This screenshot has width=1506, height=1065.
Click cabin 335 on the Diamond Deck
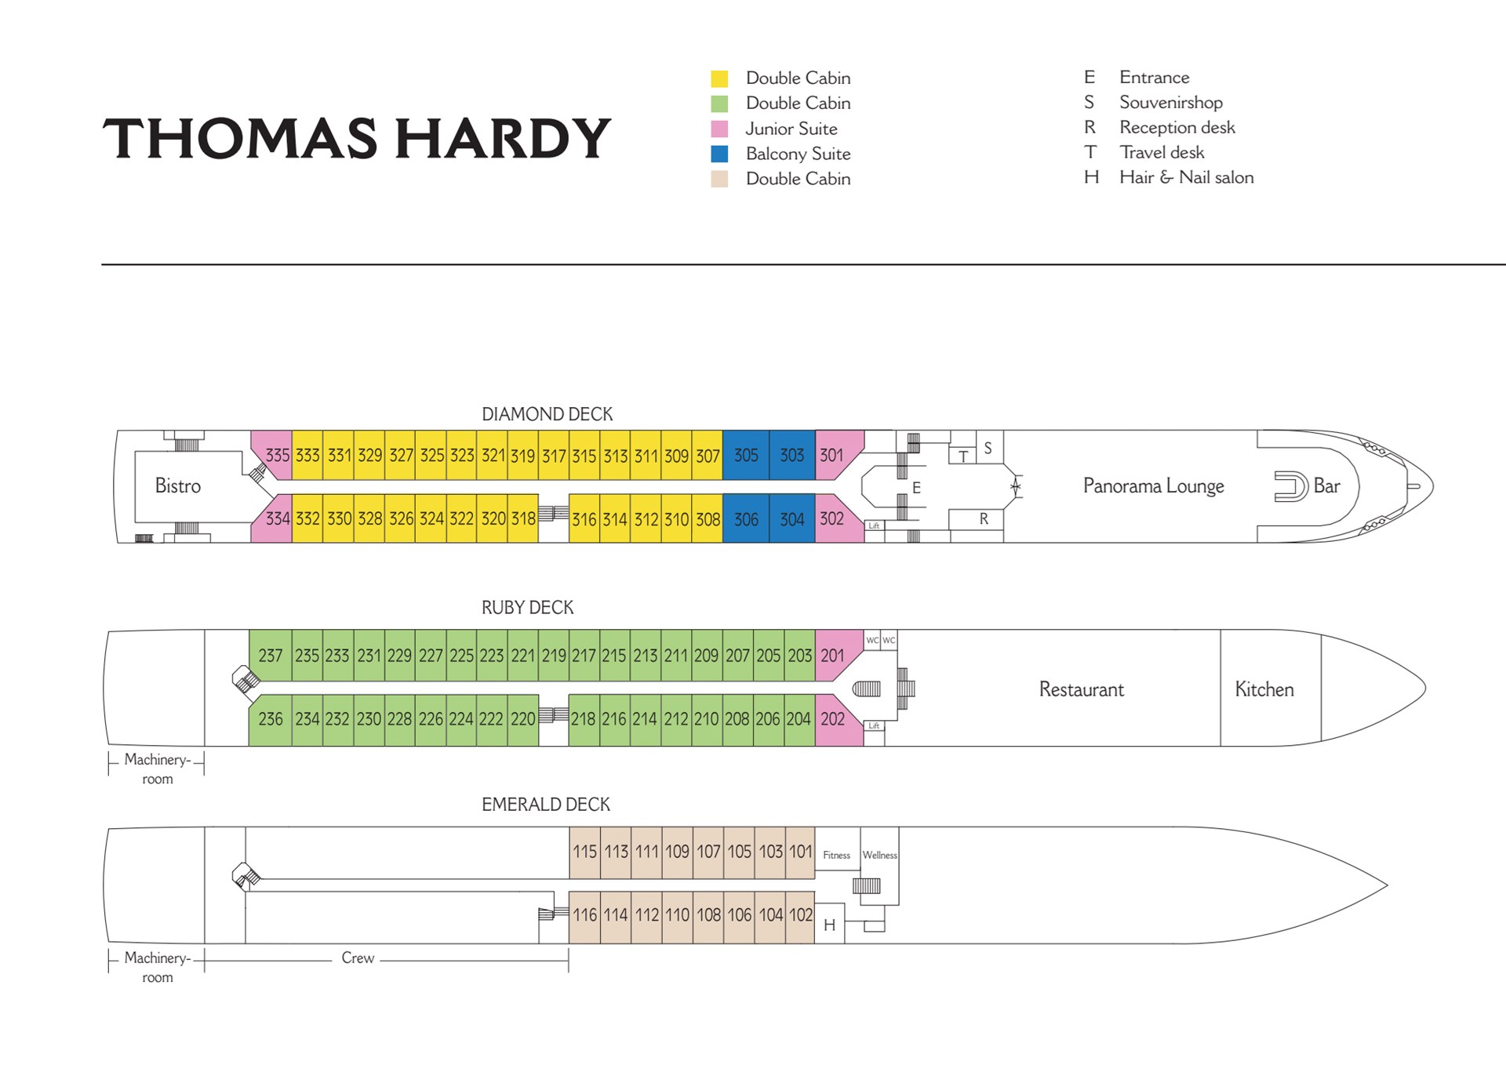275,455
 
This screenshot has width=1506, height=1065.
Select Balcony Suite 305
746,455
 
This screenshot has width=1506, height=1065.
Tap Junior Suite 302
836,518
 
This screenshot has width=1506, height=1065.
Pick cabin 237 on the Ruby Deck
271,655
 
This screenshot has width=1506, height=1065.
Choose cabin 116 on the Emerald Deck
584,914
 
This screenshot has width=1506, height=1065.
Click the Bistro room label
178,486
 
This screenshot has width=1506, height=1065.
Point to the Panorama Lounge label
1153,486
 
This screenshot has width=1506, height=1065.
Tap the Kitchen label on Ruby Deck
1264,689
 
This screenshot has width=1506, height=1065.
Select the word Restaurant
1082,689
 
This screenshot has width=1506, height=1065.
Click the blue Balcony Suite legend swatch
719,154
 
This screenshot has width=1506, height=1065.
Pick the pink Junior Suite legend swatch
719,129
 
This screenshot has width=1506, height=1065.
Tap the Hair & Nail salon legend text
1186,177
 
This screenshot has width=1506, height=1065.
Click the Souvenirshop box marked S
989,448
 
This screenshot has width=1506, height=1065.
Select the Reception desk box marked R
977,519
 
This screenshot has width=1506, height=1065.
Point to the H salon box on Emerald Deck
830,925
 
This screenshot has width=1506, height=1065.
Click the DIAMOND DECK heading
547,414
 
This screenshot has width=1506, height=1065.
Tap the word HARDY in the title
503,138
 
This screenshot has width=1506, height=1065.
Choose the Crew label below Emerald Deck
358,958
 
